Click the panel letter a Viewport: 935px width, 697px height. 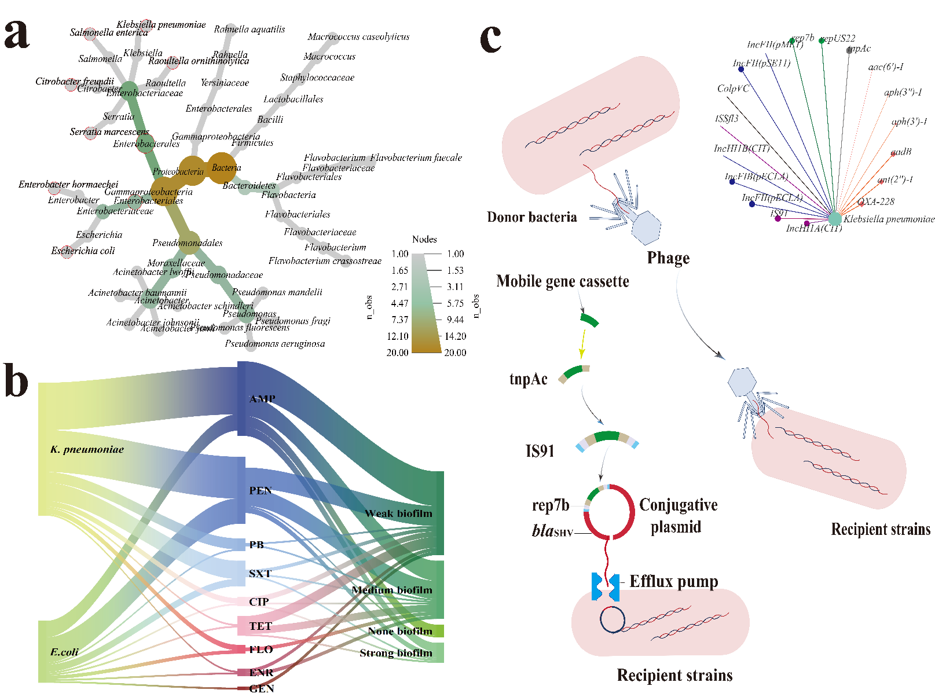click(17, 35)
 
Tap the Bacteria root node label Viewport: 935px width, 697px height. click(226, 168)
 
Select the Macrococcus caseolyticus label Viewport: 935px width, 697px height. click(358, 36)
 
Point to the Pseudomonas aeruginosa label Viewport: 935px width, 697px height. click(274, 344)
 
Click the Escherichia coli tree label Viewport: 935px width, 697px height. click(83, 251)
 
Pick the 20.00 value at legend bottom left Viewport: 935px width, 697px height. click(397, 353)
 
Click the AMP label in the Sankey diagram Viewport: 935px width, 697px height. click(262, 399)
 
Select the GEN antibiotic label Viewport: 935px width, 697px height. click(262, 688)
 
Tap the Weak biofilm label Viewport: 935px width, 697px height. click(398, 513)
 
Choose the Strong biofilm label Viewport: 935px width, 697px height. click(396, 653)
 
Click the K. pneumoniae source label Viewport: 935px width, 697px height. click(87, 449)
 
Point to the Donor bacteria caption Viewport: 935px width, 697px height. click(531, 217)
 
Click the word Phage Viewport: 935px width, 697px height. click(668, 258)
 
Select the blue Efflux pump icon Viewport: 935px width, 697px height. click(606, 587)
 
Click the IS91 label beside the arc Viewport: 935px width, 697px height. click(540, 451)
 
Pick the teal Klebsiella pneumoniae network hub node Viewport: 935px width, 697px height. click(834, 219)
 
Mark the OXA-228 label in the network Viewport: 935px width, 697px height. click(875, 202)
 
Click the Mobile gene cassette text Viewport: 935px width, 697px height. click(562, 281)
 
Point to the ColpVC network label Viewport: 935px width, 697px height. click(733, 89)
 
